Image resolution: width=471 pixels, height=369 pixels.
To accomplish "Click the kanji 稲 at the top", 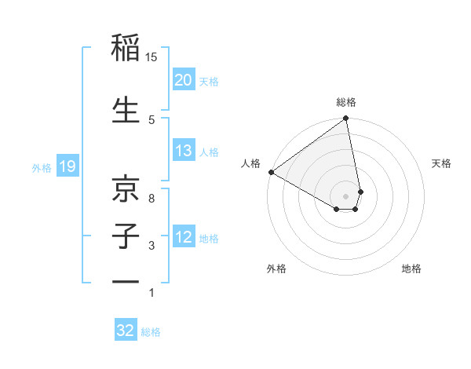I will tap(126, 49).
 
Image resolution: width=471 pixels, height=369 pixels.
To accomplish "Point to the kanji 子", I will tap(126, 235).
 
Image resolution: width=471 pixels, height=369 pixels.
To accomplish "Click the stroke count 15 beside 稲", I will tap(152, 57).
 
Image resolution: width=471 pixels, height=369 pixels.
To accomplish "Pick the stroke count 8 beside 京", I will tap(152, 198).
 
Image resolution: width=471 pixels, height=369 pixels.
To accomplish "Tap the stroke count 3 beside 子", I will tap(152, 246).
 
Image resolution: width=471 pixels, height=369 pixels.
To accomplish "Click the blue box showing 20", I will tap(183, 80).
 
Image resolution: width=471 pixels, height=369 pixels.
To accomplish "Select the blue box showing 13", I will tap(183, 152).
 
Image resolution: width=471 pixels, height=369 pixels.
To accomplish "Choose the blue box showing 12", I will tap(183, 238).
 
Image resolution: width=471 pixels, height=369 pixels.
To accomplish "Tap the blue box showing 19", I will tap(67, 166).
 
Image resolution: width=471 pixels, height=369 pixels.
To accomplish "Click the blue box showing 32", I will tap(126, 331).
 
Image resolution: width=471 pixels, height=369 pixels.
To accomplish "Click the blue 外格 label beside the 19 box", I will tap(42, 167).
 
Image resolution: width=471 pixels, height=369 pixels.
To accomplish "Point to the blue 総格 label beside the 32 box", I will tap(151, 332).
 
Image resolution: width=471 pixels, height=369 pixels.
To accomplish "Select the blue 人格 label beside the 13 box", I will tap(209, 152).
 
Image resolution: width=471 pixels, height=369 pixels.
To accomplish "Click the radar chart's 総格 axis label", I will tap(346, 102).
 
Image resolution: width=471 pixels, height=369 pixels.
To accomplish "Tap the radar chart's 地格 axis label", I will tap(411, 269).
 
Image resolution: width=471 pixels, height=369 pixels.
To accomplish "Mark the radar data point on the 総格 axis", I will tap(346, 119).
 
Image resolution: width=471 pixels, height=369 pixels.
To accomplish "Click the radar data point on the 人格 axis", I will tap(271, 172).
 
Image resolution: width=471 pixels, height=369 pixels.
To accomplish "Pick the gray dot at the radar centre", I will tap(346, 195).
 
